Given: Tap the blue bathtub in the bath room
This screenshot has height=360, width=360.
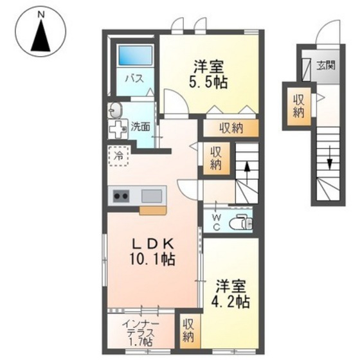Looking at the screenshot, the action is pos(135,55).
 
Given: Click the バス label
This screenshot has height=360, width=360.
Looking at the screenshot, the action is pos(134,78).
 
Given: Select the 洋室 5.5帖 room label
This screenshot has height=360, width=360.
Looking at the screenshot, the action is pos(208,74).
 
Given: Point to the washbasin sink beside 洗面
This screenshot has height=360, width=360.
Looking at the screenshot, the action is pos(114,110).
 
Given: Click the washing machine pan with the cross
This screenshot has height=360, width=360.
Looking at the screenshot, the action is pos(118,129).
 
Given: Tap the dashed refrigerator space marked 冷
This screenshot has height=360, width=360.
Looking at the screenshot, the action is pos(118,156).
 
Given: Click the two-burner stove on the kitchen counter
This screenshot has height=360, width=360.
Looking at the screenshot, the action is pos(121,196).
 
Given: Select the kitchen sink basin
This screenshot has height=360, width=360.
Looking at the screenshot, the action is pos(152,196).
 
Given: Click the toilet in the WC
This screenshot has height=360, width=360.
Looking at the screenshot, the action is pos(241,222).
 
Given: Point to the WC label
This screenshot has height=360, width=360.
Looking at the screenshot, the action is pos(216,222).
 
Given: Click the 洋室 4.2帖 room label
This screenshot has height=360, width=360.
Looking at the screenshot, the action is pos(231,294).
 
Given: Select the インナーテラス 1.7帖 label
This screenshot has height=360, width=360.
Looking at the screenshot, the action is pos(141,334).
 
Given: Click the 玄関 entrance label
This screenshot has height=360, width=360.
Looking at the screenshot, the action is pos(326,66).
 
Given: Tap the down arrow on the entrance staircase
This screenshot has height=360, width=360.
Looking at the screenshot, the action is pos(330,158).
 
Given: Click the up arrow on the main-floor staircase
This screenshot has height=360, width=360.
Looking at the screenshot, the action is pos(247,170).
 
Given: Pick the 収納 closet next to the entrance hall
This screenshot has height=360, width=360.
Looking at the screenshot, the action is pos(299,106).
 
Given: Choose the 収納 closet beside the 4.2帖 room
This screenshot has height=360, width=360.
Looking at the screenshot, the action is pos(188,331).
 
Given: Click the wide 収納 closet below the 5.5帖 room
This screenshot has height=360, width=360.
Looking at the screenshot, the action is pos(231,128).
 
